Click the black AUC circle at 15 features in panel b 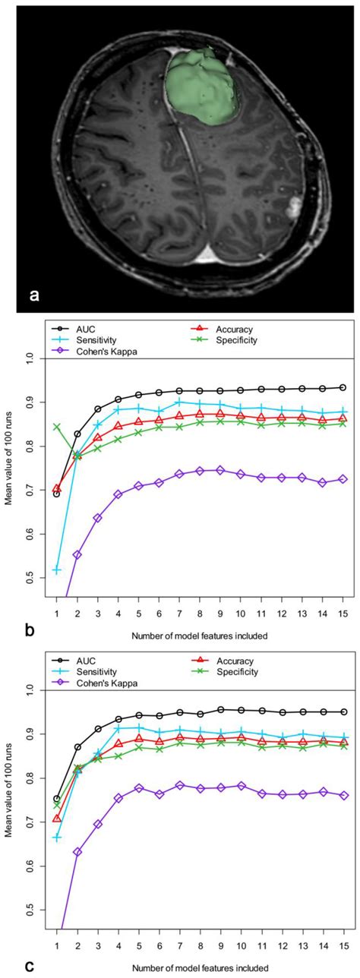tap(342, 387)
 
